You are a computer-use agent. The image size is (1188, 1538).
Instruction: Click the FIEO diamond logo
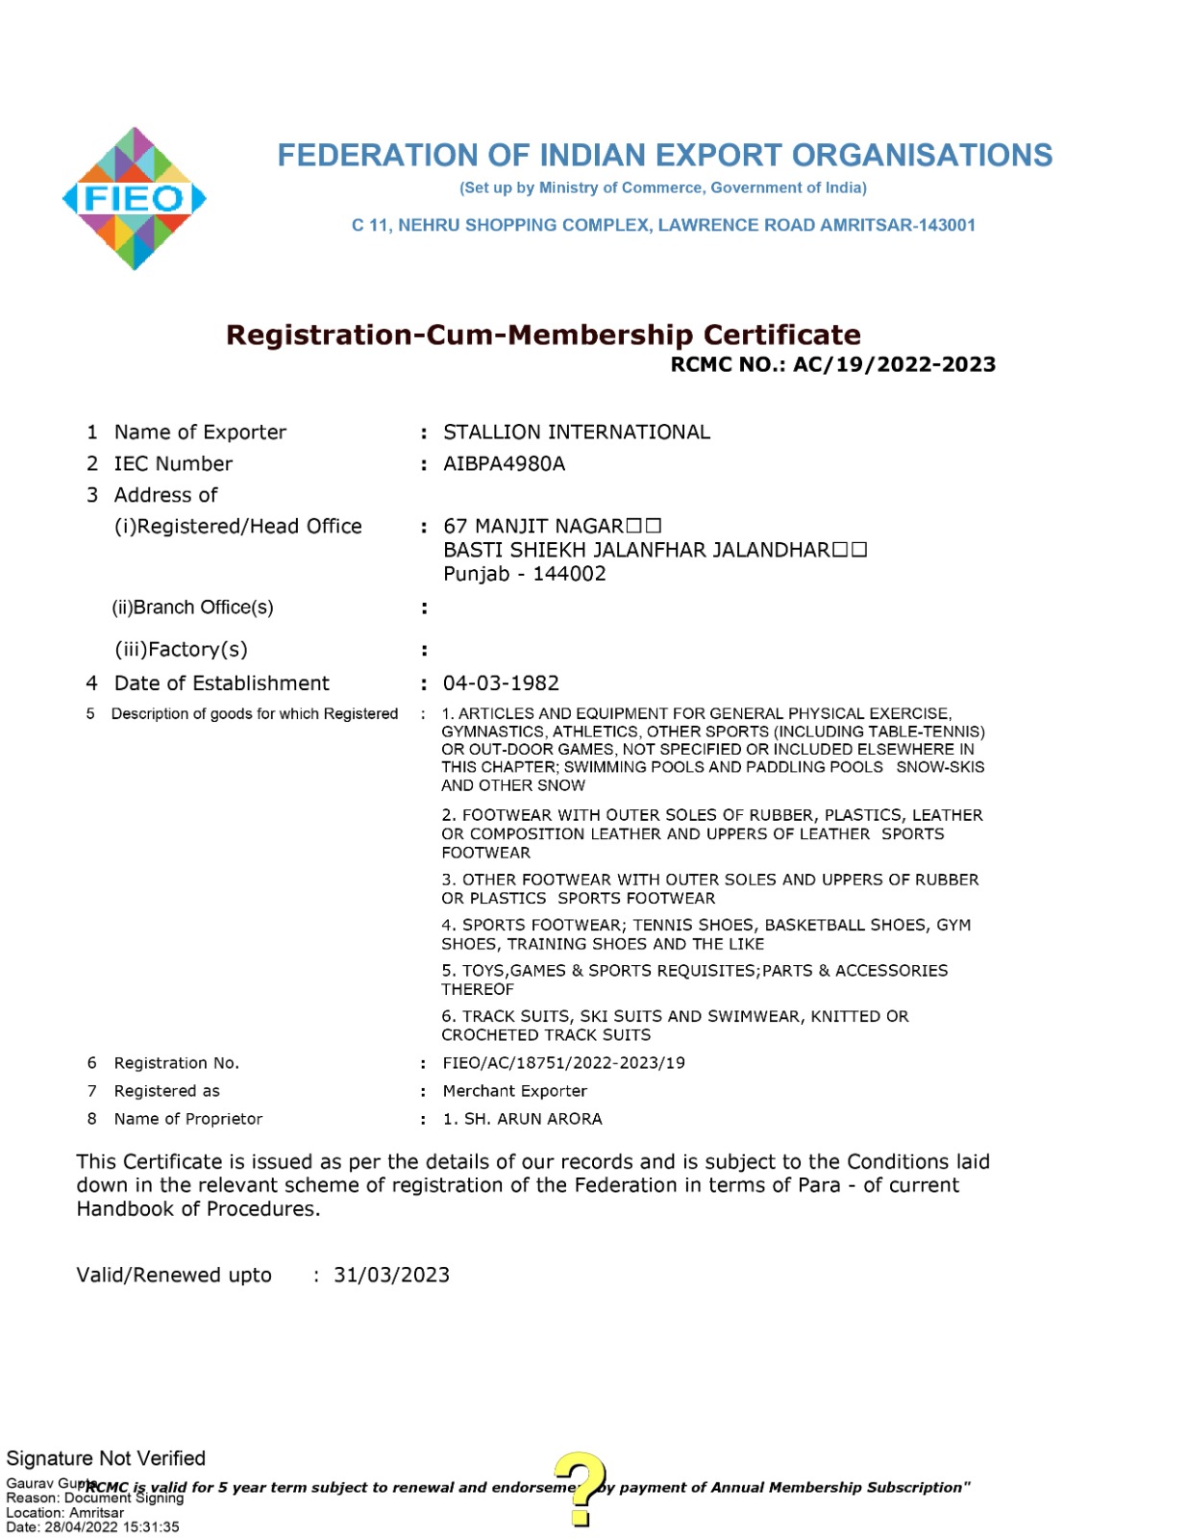click(x=135, y=198)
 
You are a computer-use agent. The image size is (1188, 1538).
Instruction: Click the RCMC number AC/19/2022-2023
click(x=894, y=364)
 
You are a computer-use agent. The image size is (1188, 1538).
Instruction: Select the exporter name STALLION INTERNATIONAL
click(x=576, y=433)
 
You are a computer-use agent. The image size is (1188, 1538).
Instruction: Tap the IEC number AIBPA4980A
click(x=504, y=464)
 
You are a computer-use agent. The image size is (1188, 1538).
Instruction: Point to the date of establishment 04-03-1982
click(x=501, y=683)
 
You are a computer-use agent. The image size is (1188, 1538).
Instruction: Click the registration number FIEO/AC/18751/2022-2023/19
click(x=563, y=1063)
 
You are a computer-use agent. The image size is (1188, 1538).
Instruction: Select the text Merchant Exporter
click(x=514, y=1091)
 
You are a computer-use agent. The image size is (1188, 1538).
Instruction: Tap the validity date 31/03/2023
click(x=391, y=1275)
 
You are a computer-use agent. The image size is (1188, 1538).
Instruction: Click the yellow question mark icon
click(x=581, y=1488)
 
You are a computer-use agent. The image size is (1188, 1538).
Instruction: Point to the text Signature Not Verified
click(x=106, y=1458)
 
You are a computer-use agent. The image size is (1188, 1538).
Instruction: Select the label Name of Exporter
click(x=200, y=433)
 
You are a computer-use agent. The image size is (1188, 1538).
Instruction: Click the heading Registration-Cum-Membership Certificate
click(x=543, y=335)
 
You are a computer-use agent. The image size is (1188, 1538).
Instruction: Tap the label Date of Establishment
click(x=221, y=683)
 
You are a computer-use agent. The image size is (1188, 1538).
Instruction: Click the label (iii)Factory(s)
click(x=181, y=650)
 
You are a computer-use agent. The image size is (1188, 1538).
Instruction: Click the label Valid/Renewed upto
click(x=174, y=1275)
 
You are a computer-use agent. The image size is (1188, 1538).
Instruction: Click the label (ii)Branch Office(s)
click(x=192, y=608)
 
